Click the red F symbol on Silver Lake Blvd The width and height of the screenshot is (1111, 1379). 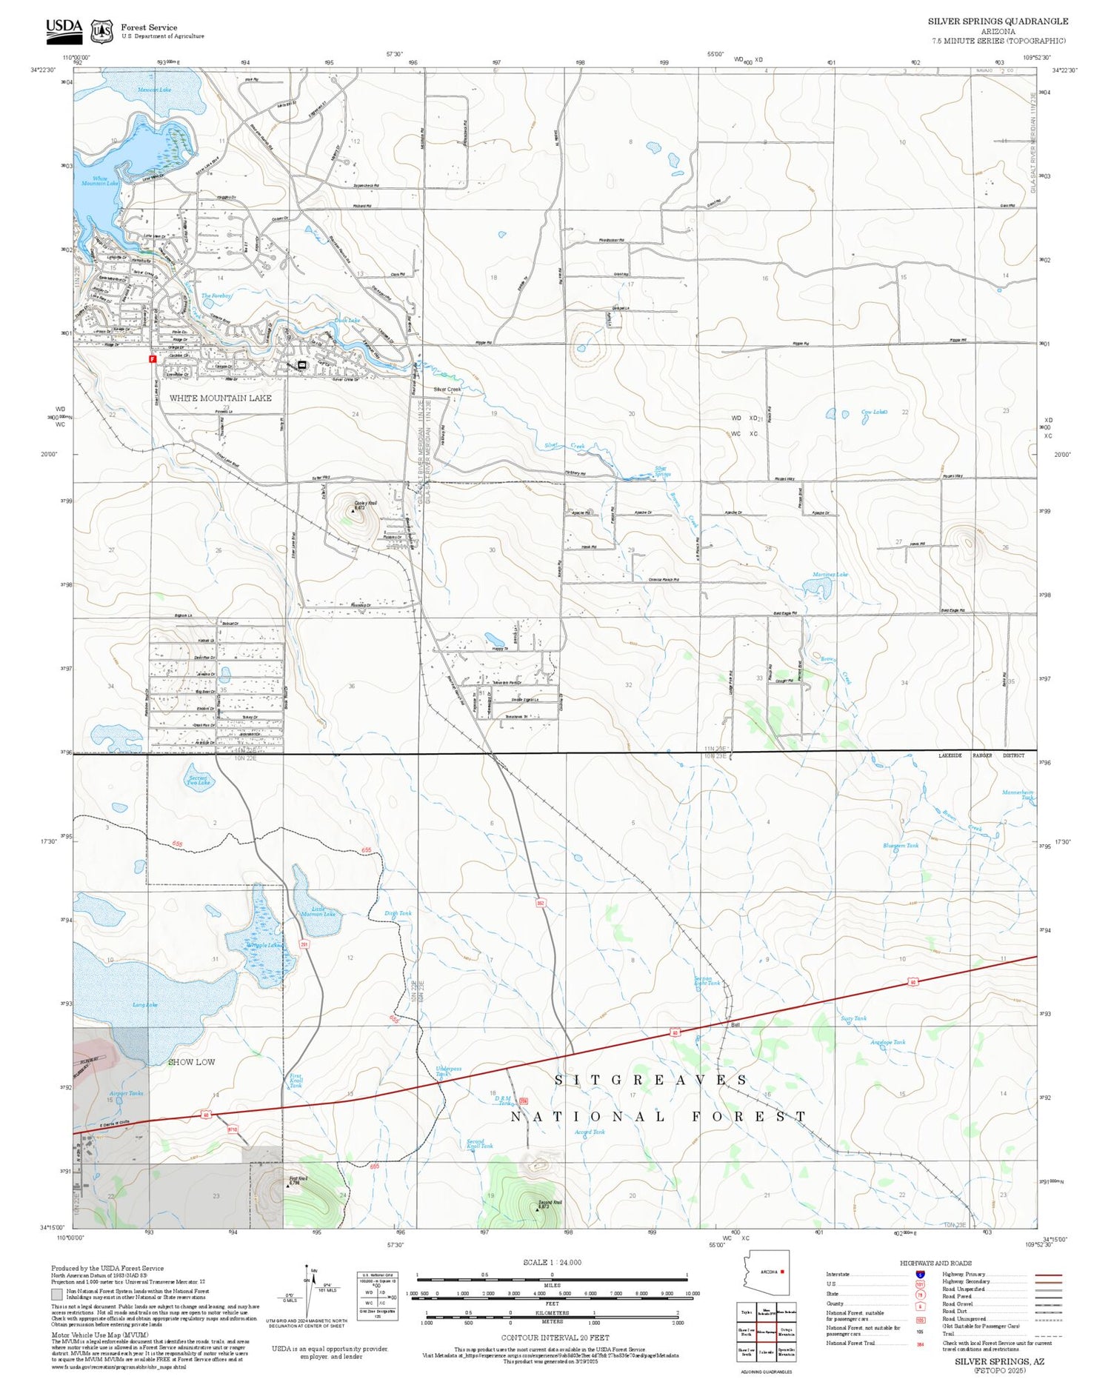point(153,358)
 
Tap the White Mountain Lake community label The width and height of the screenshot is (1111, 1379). point(220,398)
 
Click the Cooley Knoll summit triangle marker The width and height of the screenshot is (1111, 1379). point(353,510)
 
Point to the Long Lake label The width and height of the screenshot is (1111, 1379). point(145,1004)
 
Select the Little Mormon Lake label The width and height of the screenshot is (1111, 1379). point(318,912)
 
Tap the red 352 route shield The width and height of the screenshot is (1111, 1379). point(541,903)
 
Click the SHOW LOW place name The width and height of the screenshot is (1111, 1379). point(191,1061)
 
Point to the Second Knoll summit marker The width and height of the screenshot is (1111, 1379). point(538,1209)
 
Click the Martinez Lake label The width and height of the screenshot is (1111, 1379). point(830,574)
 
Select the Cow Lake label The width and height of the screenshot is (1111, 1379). point(874,412)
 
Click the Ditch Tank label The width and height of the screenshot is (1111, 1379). point(398,913)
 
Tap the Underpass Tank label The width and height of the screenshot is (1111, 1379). point(448,1071)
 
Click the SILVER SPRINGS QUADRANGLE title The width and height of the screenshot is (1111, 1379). point(998,21)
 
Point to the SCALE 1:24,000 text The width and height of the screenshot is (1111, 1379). point(552,1262)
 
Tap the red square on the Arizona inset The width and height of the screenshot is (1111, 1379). point(781,1272)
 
